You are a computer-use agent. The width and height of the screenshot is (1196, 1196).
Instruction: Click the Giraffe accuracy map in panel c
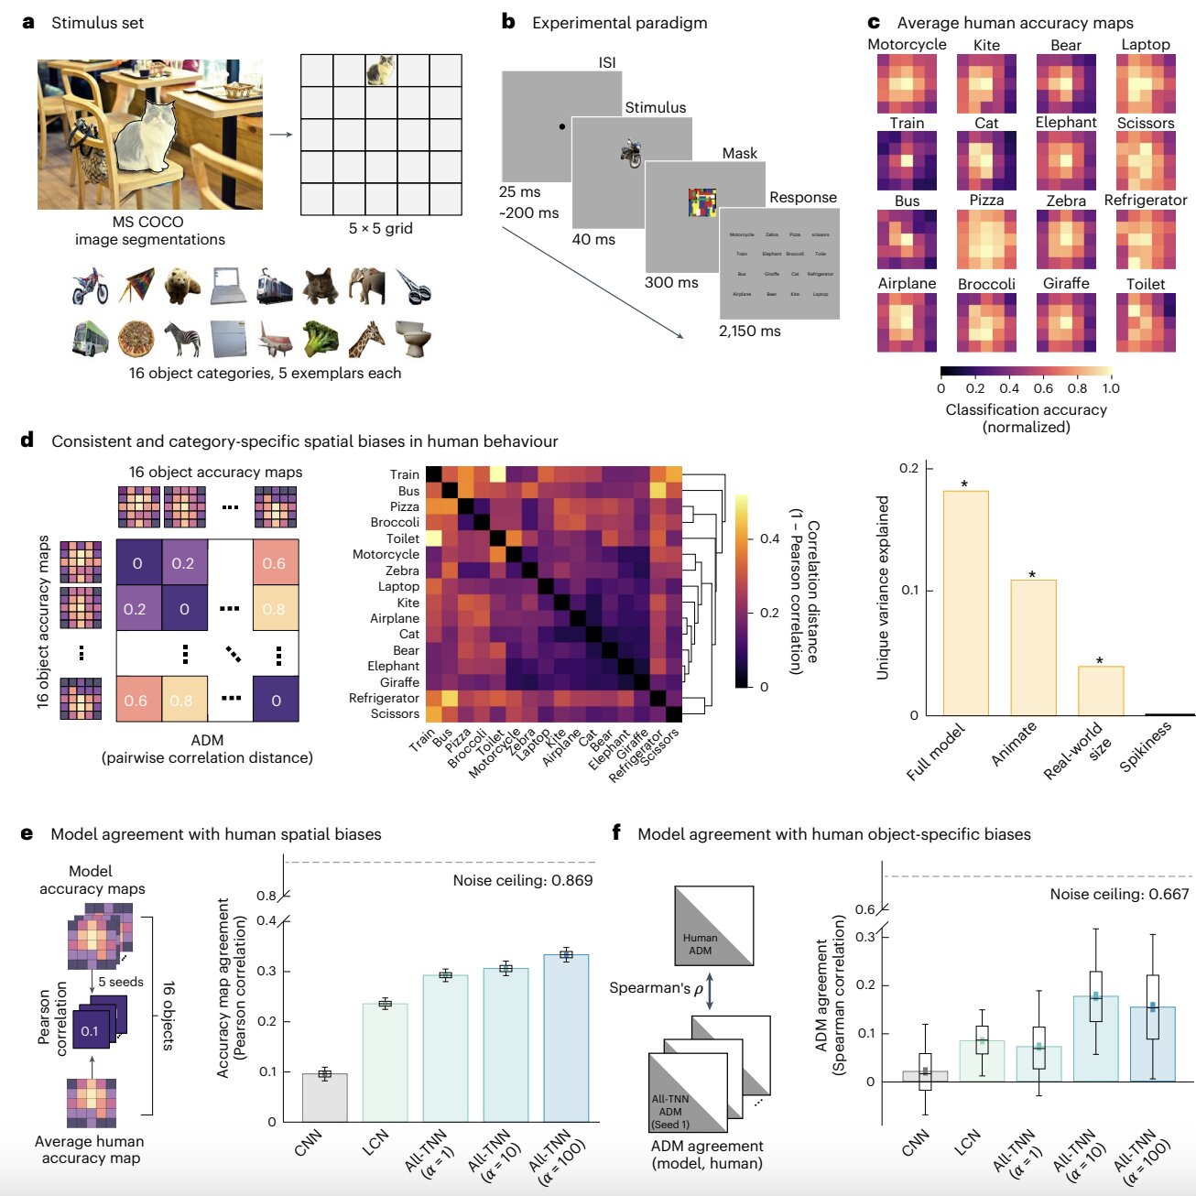tap(1066, 322)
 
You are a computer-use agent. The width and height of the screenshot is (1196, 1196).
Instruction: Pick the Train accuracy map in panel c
tap(907, 160)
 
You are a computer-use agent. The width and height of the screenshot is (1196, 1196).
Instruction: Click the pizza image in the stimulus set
tap(136, 339)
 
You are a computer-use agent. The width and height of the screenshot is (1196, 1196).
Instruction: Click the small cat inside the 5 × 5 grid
tap(380, 70)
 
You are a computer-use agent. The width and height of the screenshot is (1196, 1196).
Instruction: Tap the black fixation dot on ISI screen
tap(561, 126)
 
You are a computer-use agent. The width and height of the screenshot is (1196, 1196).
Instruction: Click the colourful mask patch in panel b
tap(701, 202)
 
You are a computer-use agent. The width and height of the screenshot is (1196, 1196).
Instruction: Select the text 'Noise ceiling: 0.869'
tap(522, 880)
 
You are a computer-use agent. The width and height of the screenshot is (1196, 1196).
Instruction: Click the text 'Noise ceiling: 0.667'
tap(1118, 894)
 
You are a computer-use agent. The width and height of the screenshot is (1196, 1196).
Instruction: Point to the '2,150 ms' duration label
tap(749, 331)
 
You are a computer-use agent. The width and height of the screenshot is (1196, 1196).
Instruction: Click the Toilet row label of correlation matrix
tap(402, 538)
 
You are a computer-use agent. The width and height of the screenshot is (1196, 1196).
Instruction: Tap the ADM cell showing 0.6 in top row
tap(275, 563)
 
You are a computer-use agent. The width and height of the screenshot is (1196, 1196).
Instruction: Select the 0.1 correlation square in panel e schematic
tap(91, 1030)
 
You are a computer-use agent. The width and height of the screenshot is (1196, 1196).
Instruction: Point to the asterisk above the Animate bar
tap(1032, 575)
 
